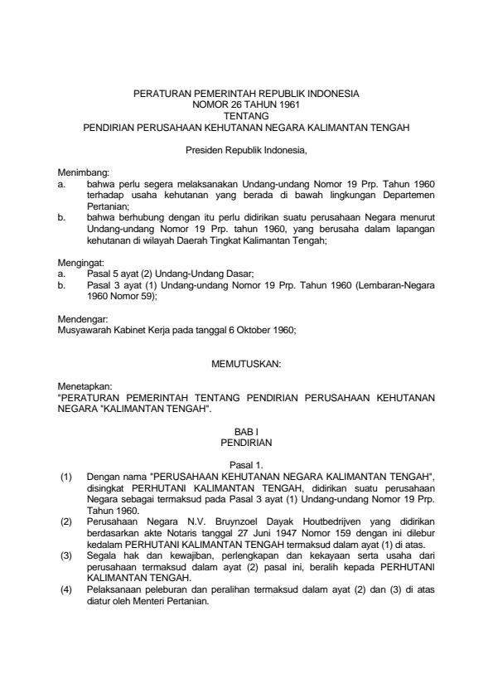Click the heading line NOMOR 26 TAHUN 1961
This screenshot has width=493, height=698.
(246, 106)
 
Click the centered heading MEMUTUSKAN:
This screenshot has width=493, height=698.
(246, 363)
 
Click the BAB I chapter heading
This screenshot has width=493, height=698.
(246, 432)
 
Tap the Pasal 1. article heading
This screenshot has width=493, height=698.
(246, 465)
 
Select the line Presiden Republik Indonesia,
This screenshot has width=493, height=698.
(246, 150)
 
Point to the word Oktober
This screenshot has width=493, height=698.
(247, 328)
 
